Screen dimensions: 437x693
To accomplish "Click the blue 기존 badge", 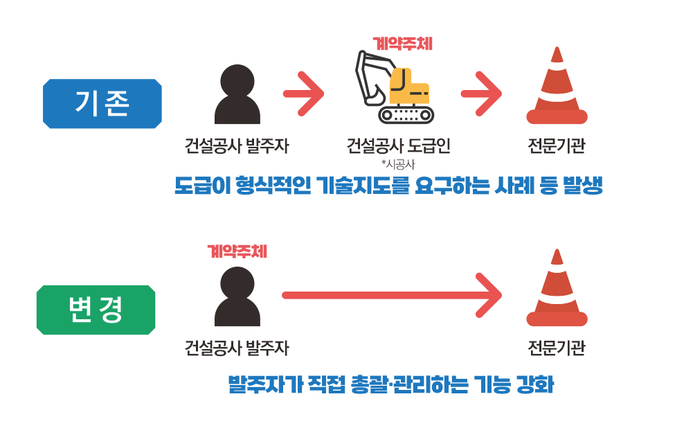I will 102,105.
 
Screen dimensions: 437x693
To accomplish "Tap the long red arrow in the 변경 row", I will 391,295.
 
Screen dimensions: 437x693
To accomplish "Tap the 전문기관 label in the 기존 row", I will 556,146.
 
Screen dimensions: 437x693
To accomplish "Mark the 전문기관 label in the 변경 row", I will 556,348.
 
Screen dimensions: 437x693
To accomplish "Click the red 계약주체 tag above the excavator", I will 402,44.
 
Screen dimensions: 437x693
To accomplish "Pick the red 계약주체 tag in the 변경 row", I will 237,251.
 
